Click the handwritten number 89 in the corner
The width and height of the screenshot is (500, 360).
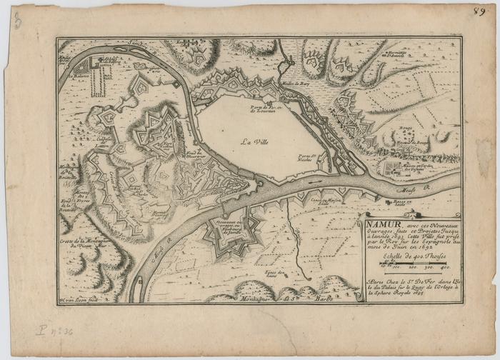click(x=479, y=12)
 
